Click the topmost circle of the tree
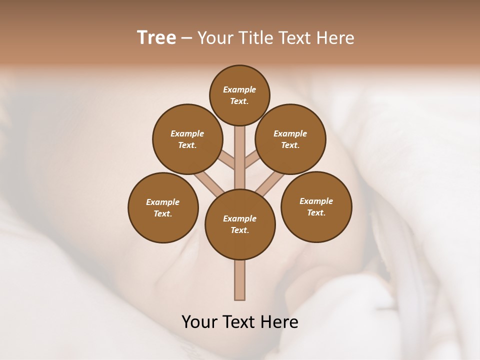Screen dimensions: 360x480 point(239,95)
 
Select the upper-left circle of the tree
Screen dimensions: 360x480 point(187,139)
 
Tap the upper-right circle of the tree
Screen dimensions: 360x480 point(290,139)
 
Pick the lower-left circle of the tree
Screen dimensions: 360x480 point(163,207)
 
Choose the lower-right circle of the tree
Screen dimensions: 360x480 point(316,206)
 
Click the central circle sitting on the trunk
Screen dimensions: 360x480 point(240,224)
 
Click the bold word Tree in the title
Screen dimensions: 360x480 point(156,37)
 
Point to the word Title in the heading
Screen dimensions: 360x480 point(255,37)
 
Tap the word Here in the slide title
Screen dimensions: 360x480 point(335,37)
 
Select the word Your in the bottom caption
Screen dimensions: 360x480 point(199,321)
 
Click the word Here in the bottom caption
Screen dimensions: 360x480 point(280,321)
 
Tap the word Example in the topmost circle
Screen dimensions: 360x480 point(239,89)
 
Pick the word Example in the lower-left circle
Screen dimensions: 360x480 point(163,202)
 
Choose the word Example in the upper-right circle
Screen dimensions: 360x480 point(290,133)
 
